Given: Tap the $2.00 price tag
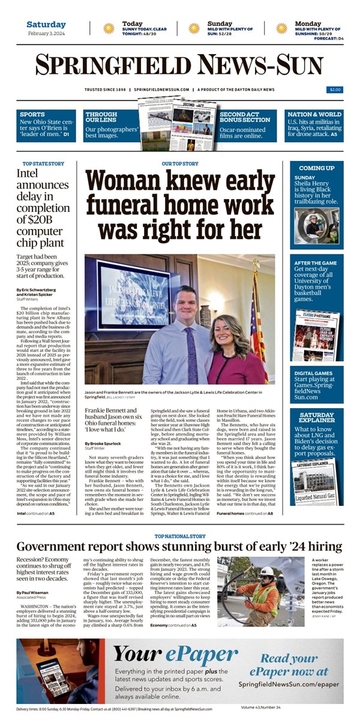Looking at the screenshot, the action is pos(334,90).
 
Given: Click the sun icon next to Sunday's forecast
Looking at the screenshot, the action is pos(194,28).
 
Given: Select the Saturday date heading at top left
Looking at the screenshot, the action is pos(46,25).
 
